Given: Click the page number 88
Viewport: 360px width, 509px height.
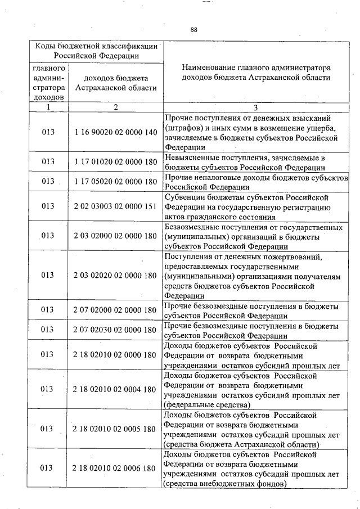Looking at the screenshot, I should tap(193, 29).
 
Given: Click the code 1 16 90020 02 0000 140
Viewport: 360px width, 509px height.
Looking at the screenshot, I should tap(115, 132).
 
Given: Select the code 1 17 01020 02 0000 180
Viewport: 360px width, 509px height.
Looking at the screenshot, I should tap(115, 162).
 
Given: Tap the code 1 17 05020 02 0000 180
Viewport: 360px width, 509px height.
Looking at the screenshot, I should tap(115, 182).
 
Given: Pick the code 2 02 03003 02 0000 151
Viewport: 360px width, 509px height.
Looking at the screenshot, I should tap(115, 206).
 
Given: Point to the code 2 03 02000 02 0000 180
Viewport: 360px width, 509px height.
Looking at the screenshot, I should tap(115, 236).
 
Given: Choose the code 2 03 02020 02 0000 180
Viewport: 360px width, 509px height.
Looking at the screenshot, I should tap(115, 276).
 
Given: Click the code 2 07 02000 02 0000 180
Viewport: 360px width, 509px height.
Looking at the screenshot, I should tap(115, 310).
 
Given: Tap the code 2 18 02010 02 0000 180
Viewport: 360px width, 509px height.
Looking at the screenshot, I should tap(115, 355).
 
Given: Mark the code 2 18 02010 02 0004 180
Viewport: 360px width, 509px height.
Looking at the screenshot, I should tap(115, 389).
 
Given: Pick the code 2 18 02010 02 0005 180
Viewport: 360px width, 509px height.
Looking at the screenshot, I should tap(115, 429).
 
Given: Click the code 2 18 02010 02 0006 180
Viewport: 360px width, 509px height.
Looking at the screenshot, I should tap(115, 469).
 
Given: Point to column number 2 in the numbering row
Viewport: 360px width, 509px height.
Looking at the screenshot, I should tap(115, 107).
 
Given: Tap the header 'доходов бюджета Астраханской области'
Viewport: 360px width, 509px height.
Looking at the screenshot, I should tap(115, 83).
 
